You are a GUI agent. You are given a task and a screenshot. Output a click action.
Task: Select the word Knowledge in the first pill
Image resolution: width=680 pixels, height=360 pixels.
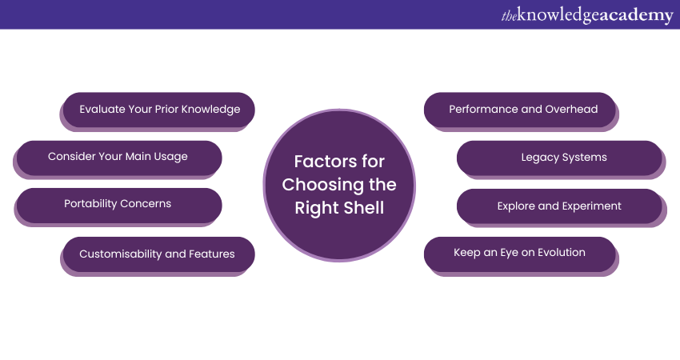tap(210, 110)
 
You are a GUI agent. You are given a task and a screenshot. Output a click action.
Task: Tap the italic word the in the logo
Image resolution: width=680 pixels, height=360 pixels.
tap(509, 16)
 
